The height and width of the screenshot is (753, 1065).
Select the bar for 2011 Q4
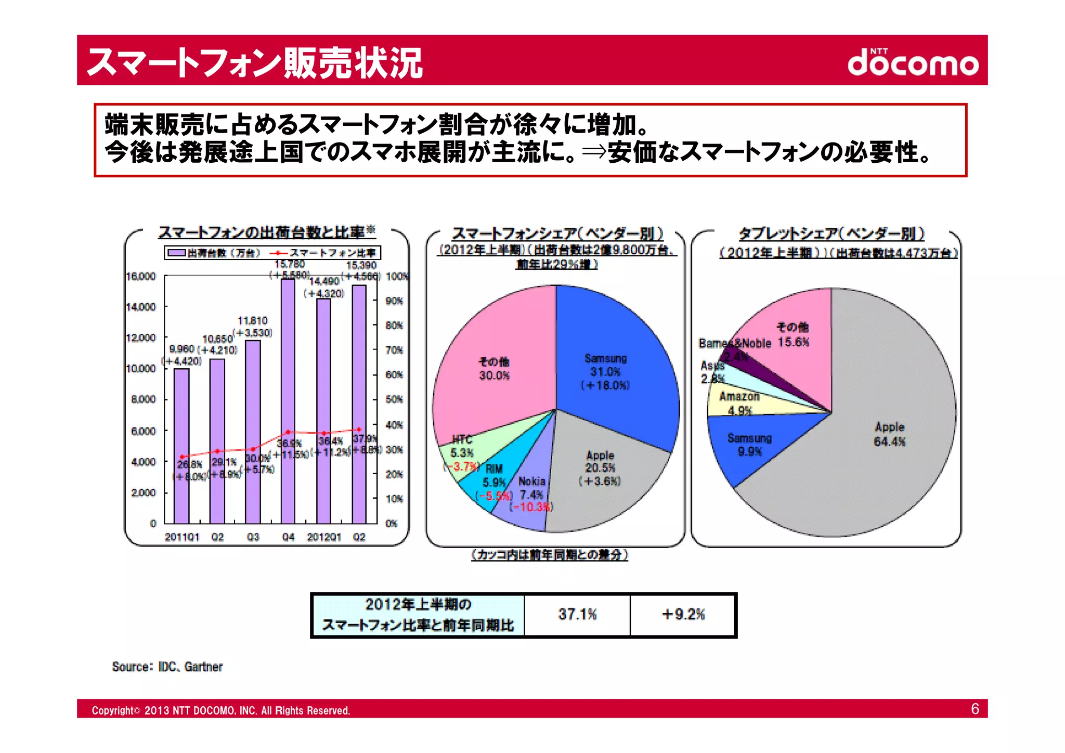(288, 400)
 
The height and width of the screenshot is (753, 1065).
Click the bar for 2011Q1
(181, 447)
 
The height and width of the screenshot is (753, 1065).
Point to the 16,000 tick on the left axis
(141, 276)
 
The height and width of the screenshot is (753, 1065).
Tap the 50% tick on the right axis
(394, 399)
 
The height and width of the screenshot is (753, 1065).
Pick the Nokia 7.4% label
(531, 488)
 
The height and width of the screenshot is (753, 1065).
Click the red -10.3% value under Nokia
(531, 507)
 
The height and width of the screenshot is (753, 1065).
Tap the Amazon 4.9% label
(739, 404)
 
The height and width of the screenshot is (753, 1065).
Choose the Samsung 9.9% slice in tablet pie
(749, 445)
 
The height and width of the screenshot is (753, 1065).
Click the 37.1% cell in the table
(577, 615)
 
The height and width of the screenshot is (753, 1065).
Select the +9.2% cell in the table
(683, 615)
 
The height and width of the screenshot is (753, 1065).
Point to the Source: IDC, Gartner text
(167, 667)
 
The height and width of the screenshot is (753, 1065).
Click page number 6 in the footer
(975, 709)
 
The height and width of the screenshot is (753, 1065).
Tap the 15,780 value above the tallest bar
(290, 265)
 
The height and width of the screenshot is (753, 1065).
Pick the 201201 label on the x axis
(323, 537)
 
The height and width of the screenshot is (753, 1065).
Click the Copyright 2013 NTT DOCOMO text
(221, 710)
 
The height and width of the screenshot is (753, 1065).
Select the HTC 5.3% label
(462, 446)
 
